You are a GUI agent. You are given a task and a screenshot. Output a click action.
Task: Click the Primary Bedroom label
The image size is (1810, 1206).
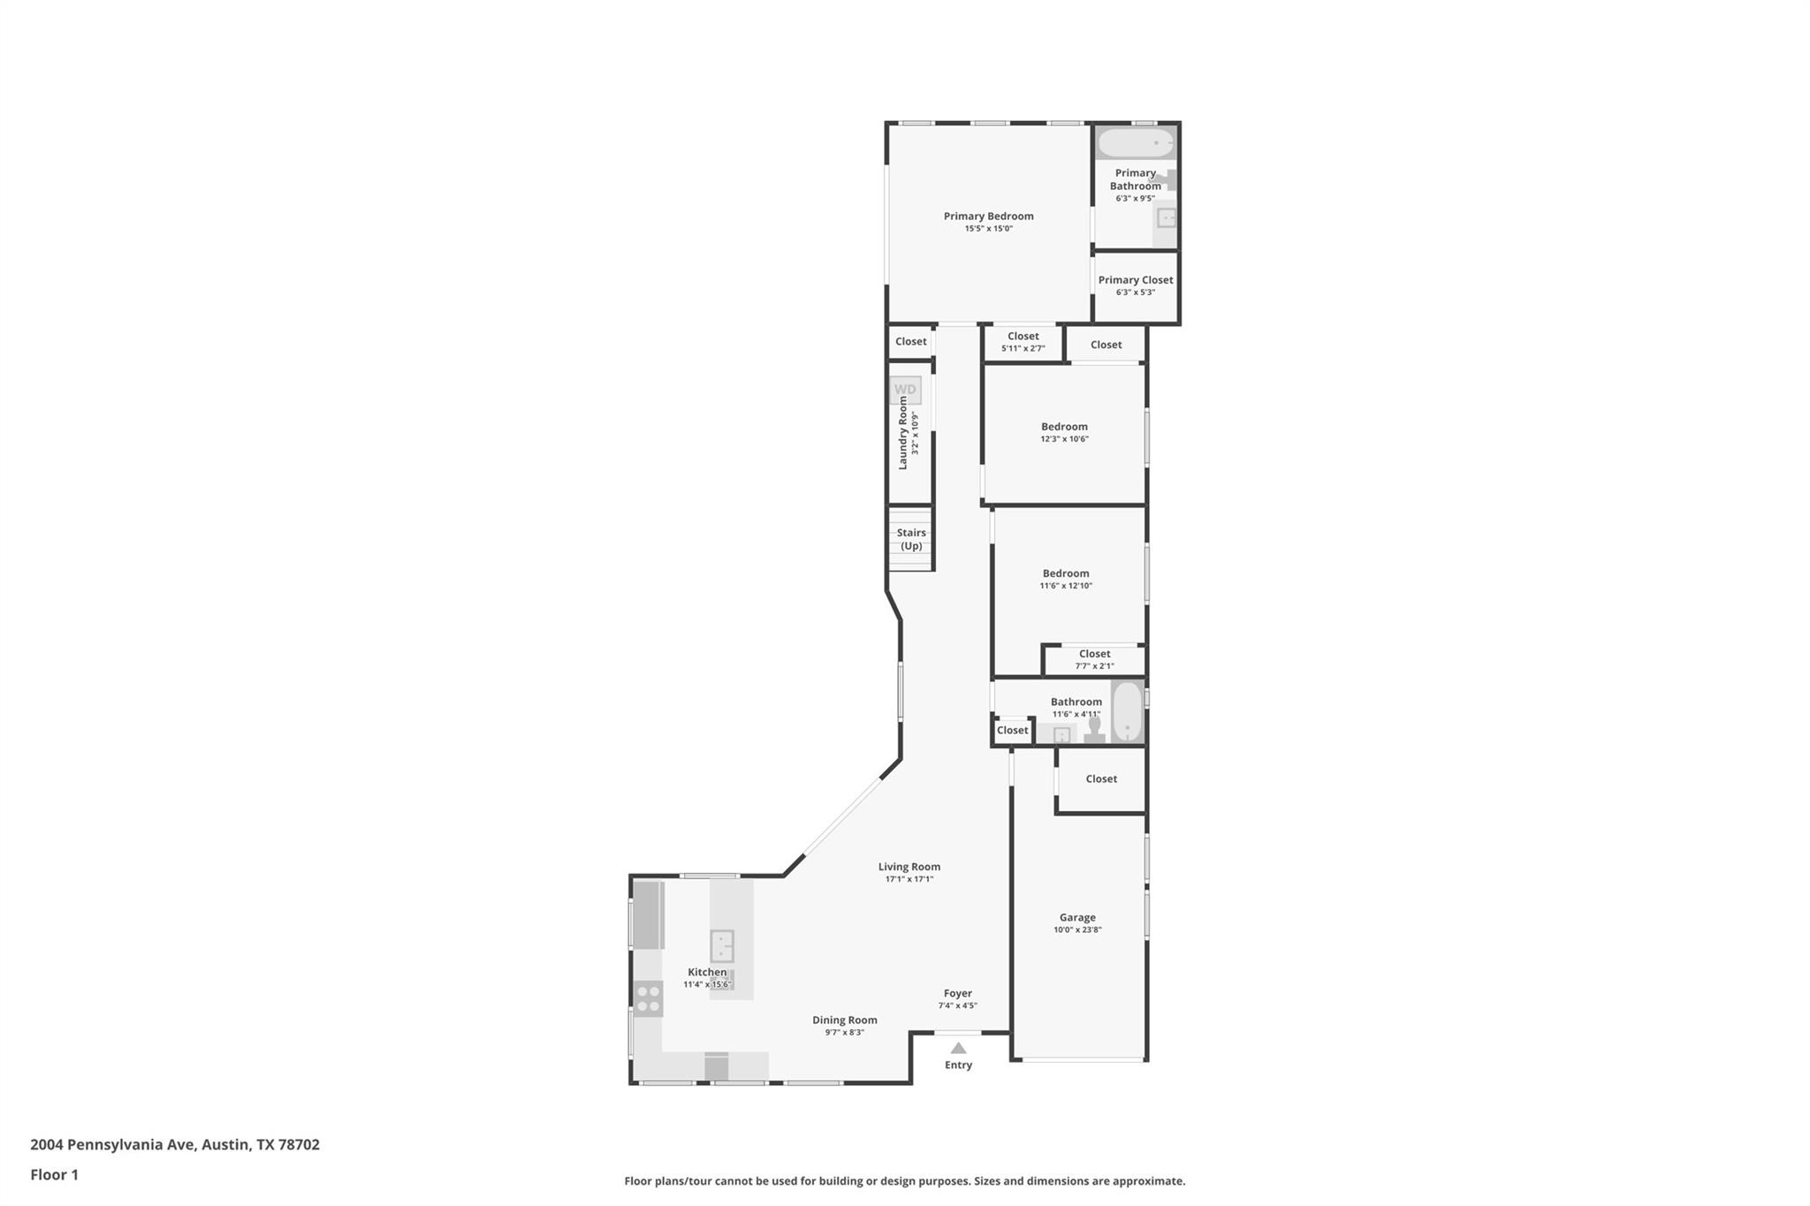tap(988, 216)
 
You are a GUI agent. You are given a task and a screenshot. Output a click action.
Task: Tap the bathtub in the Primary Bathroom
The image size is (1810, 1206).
tap(1136, 142)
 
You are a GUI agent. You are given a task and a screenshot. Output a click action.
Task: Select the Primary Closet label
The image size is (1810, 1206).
tap(1136, 280)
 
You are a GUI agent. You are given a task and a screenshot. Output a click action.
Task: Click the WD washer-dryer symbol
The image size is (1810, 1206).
tap(905, 390)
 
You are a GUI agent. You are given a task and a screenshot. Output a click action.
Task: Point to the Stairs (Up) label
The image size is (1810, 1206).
tap(911, 539)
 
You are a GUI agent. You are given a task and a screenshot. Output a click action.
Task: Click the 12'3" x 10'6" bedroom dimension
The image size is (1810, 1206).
tap(1064, 439)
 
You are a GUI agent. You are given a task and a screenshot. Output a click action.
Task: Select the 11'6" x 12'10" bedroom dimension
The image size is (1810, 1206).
tap(1066, 586)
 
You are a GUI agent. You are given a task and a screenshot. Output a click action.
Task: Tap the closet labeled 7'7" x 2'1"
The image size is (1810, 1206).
tap(1094, 660)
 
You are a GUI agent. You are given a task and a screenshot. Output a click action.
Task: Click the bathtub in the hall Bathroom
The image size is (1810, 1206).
tap(1127, 711)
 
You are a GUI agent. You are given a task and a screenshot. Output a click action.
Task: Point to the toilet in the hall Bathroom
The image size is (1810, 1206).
tap(1095, 729)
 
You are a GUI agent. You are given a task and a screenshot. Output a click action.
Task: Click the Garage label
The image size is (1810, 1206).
tap(1077, 917)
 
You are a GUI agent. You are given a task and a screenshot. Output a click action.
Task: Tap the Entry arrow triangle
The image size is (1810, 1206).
tap(958, 1048)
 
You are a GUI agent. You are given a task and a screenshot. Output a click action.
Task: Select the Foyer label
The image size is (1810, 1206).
tap(957, 993)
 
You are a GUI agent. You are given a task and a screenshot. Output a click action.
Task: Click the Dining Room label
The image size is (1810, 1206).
tap(845, 1020)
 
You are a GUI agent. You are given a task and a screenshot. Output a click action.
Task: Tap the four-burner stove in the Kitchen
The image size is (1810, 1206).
tap(648, 999)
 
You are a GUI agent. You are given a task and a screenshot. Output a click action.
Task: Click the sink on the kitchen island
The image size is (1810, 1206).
tap(722, 945)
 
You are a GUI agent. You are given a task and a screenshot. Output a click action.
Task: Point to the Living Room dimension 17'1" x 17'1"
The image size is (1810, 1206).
tap(909, 879)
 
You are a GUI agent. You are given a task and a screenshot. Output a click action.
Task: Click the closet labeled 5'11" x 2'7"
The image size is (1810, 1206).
tap(1023, 341)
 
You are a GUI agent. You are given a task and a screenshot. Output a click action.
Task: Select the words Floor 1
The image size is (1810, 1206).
tap(55, 1175)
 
